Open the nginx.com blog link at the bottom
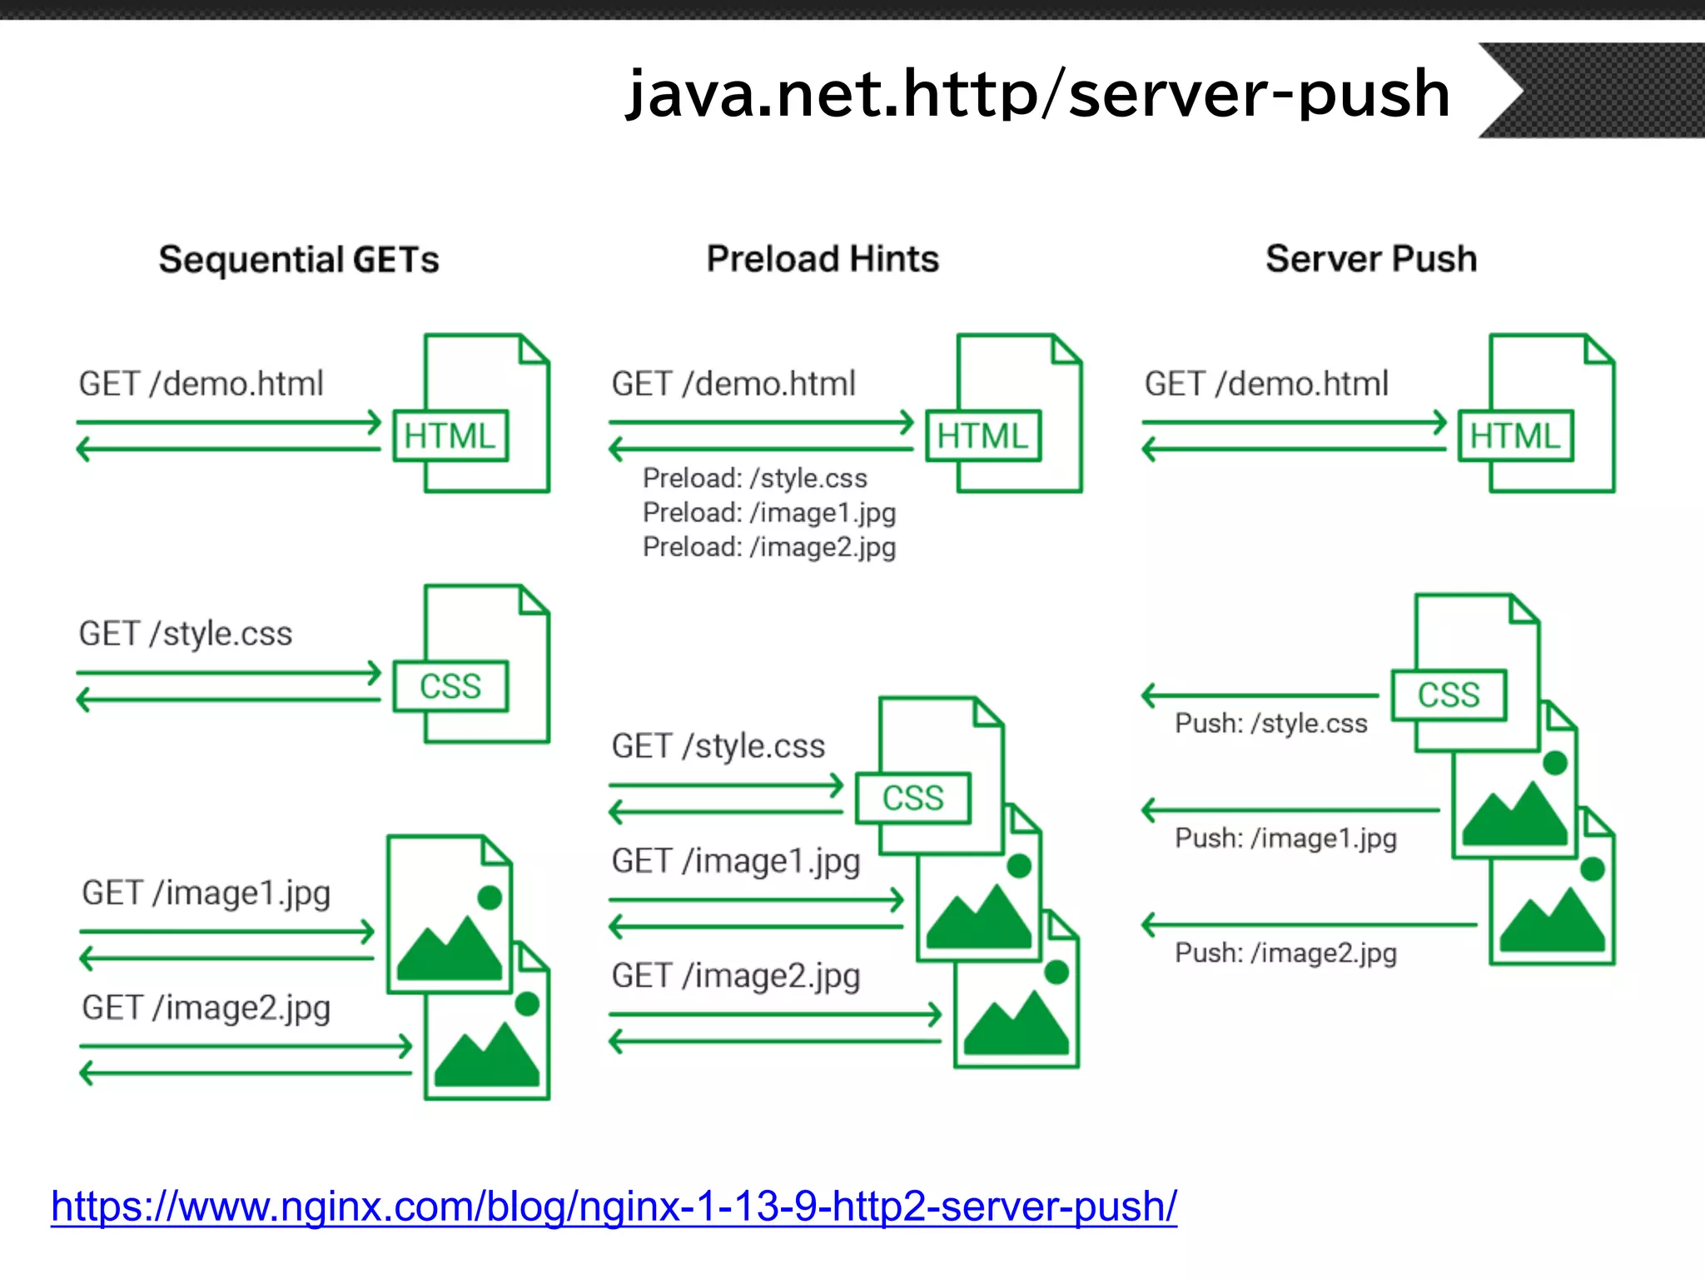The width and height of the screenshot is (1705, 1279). [614, 1206]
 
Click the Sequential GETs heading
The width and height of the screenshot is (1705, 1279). [299, 259]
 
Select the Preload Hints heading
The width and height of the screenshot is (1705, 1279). [823, 258]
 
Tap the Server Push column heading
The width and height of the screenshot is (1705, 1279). [1371, 258]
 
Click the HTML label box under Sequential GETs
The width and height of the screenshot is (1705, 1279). [450, 435]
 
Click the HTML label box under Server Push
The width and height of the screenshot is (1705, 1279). [1515, 435]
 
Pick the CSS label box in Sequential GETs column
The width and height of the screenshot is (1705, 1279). [450, 686]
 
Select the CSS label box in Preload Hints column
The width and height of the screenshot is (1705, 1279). [913, 798]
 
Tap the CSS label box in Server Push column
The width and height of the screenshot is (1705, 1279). [1449, 694]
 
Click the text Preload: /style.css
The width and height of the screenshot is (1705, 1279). [754, 478]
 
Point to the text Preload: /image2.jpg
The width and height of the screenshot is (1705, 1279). [768, 547]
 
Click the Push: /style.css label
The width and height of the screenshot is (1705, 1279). [1270, 723]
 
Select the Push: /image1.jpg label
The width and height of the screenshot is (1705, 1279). [1285, 838]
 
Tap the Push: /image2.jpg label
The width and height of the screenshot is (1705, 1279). [1285, 953]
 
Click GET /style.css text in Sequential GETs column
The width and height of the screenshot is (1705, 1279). [186, 634]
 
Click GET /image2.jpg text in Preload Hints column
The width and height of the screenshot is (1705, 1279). [735, 976]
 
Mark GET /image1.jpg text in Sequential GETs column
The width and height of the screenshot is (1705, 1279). [206, 893]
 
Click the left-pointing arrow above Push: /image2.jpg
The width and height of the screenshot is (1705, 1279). [1307, 924]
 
